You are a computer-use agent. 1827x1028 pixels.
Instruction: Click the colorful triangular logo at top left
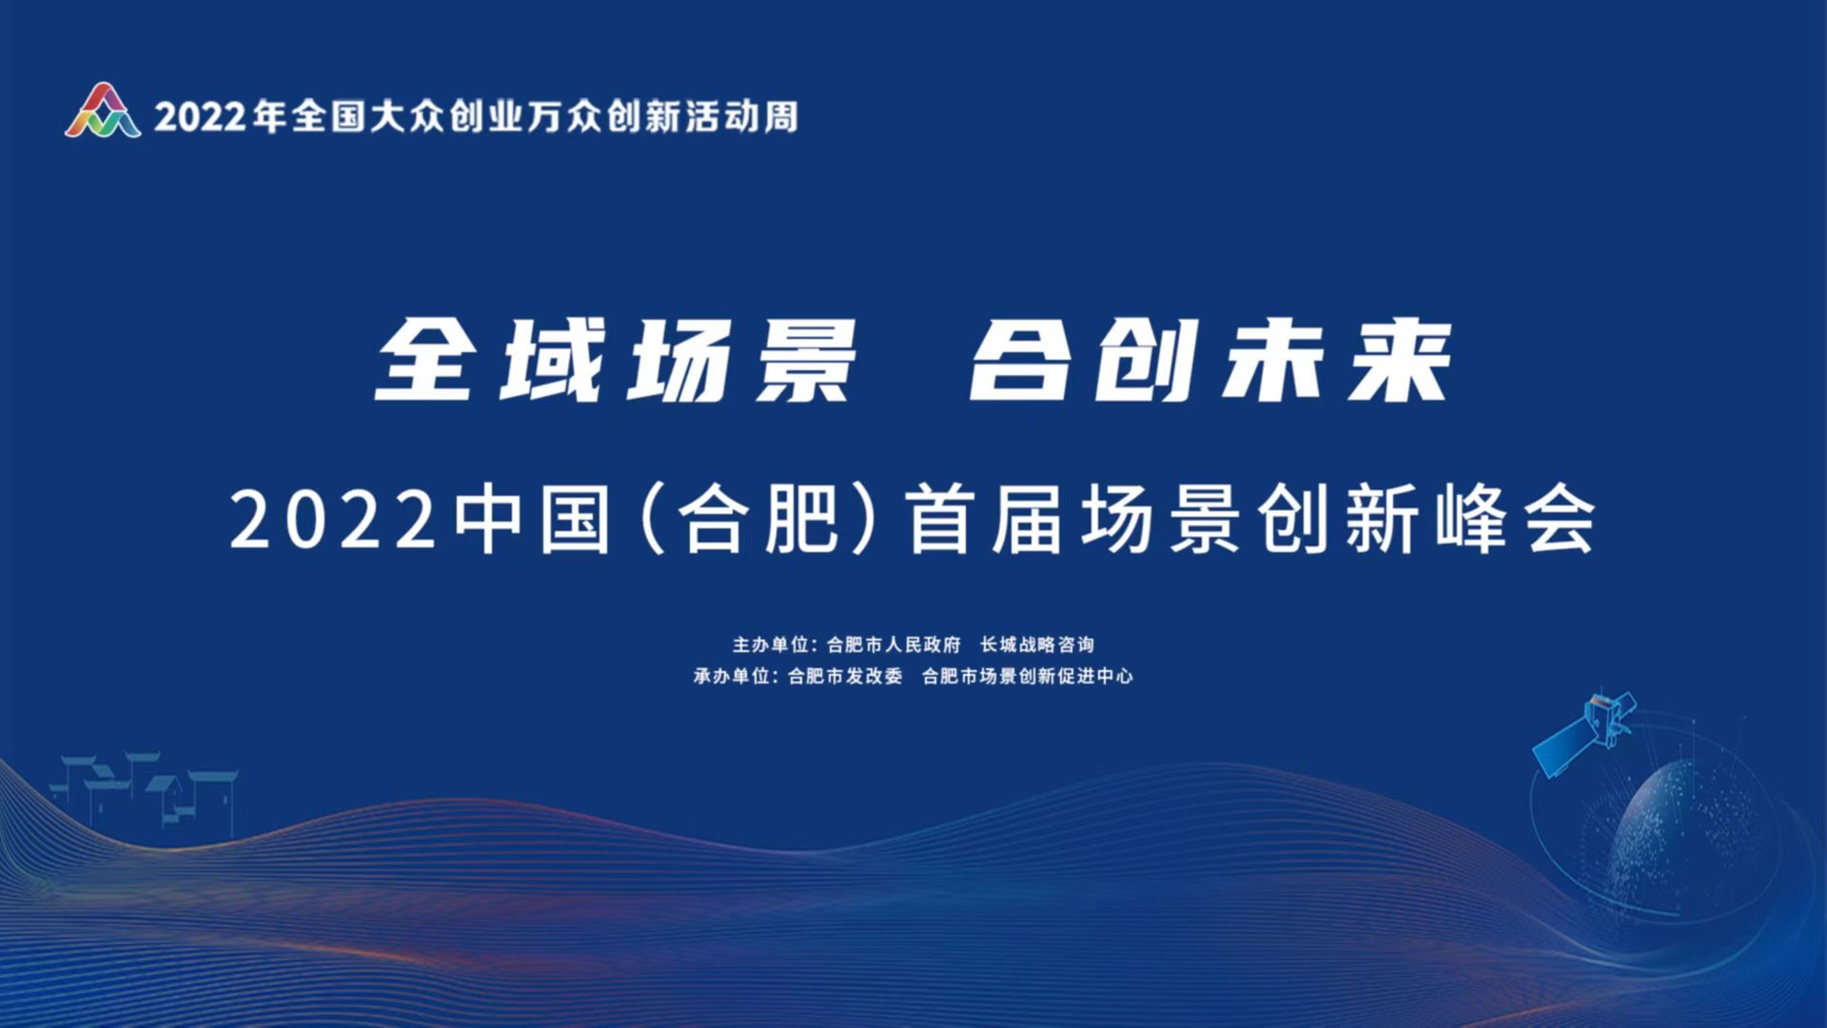pos(103,110)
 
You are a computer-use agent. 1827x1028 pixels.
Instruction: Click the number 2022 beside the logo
pos(201,117)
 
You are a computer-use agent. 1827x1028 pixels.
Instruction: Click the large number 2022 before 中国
pos(333,520)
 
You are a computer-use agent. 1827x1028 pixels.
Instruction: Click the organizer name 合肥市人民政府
pos(894,645)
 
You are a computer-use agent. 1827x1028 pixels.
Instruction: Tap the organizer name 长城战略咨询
pos(1037,645)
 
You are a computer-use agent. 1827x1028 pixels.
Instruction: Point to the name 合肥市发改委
pos(845,677)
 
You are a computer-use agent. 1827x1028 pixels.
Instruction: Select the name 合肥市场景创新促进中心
pos(1028,677)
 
